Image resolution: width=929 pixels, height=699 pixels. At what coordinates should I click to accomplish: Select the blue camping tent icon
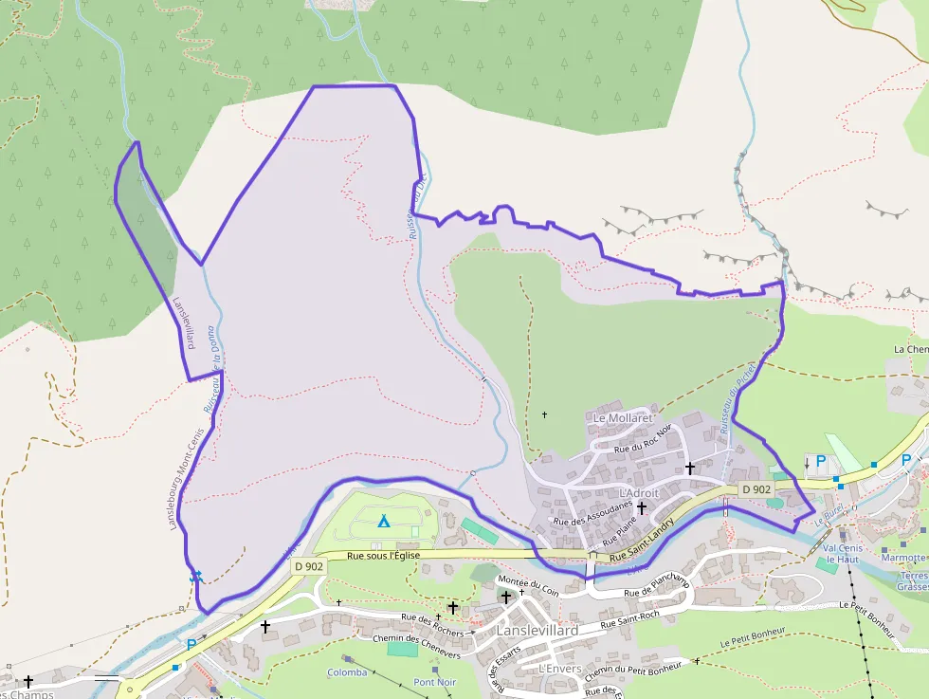(x=384, y=521)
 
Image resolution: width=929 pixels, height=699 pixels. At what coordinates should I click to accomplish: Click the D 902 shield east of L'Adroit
(x=757, y=489)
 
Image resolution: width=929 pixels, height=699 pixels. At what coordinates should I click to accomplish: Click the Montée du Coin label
(x=528, y=585)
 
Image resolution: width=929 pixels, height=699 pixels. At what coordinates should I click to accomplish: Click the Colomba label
(x=347, y=672)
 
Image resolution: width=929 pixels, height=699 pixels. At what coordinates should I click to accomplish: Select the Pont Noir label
(x=435, y=682)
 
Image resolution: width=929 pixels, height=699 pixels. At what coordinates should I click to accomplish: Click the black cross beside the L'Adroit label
(x=642, y=507)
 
